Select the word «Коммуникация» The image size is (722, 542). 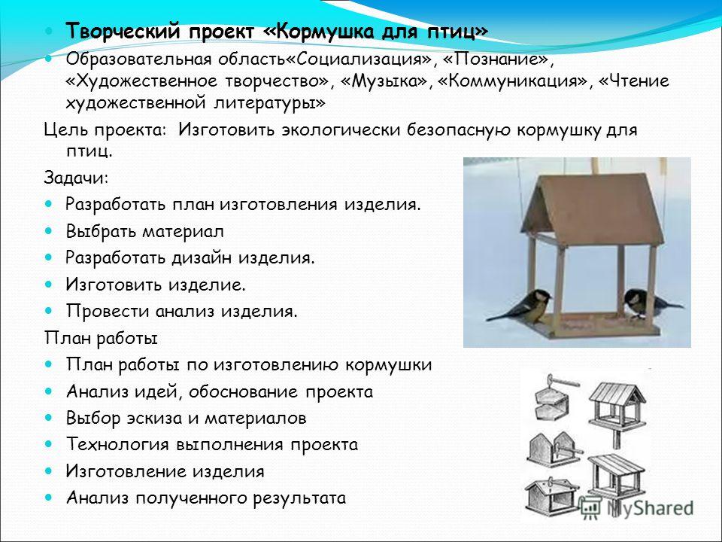514,81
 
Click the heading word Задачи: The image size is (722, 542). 76,178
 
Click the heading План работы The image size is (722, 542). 101,338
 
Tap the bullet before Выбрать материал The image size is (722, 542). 49,230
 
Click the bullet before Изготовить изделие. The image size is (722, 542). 49,284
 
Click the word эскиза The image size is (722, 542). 155,418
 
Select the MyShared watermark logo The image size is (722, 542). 636,508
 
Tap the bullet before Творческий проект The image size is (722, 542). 49,32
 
